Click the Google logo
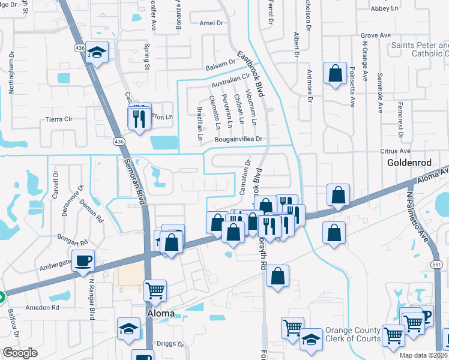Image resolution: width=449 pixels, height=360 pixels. click(x=20, y=353)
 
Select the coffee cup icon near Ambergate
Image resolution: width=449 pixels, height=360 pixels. click(x=83, y=261)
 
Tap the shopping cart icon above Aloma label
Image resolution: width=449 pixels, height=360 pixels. click(x=155, y=291)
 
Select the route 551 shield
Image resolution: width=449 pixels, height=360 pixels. click(x=436, y=265)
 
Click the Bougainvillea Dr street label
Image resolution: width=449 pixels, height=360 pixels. click(x=240, y=139)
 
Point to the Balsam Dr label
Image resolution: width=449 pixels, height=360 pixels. click(x=220, y=64)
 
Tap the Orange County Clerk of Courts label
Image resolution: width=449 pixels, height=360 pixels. click(x=353, y=335)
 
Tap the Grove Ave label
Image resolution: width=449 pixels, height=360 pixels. click(x=376, y=36)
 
